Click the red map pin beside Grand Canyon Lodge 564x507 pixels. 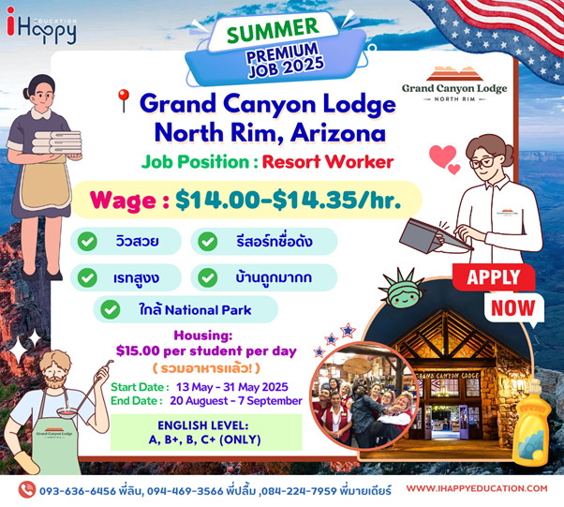click(x=124, y=101)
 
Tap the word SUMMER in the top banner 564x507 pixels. click(x=273, y=30)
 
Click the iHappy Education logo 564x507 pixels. click(x=41, y=25)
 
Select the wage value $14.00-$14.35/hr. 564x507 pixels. click(x=289, y=200)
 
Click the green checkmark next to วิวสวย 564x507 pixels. click(x=87, y=241)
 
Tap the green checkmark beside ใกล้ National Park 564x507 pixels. click(x=110, y=309)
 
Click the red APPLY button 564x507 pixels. click(x=494, y=277)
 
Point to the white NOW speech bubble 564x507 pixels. click(x=513, y=308)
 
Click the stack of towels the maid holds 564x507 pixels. click(x=57, y=142)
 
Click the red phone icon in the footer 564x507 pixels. click(x=26, y=490)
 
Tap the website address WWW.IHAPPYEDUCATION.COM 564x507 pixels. click(x=477, y=488)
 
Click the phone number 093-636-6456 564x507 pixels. click(x=78, y=491)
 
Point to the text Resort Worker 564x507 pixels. click(x=328, y=161)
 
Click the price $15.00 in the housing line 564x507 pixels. click(x=138, y=350)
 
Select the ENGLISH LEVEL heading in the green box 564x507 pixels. click(x=203, y=425)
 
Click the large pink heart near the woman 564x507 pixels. click(x=442, y=156)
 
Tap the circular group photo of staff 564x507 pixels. click(x=363, y=395)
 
